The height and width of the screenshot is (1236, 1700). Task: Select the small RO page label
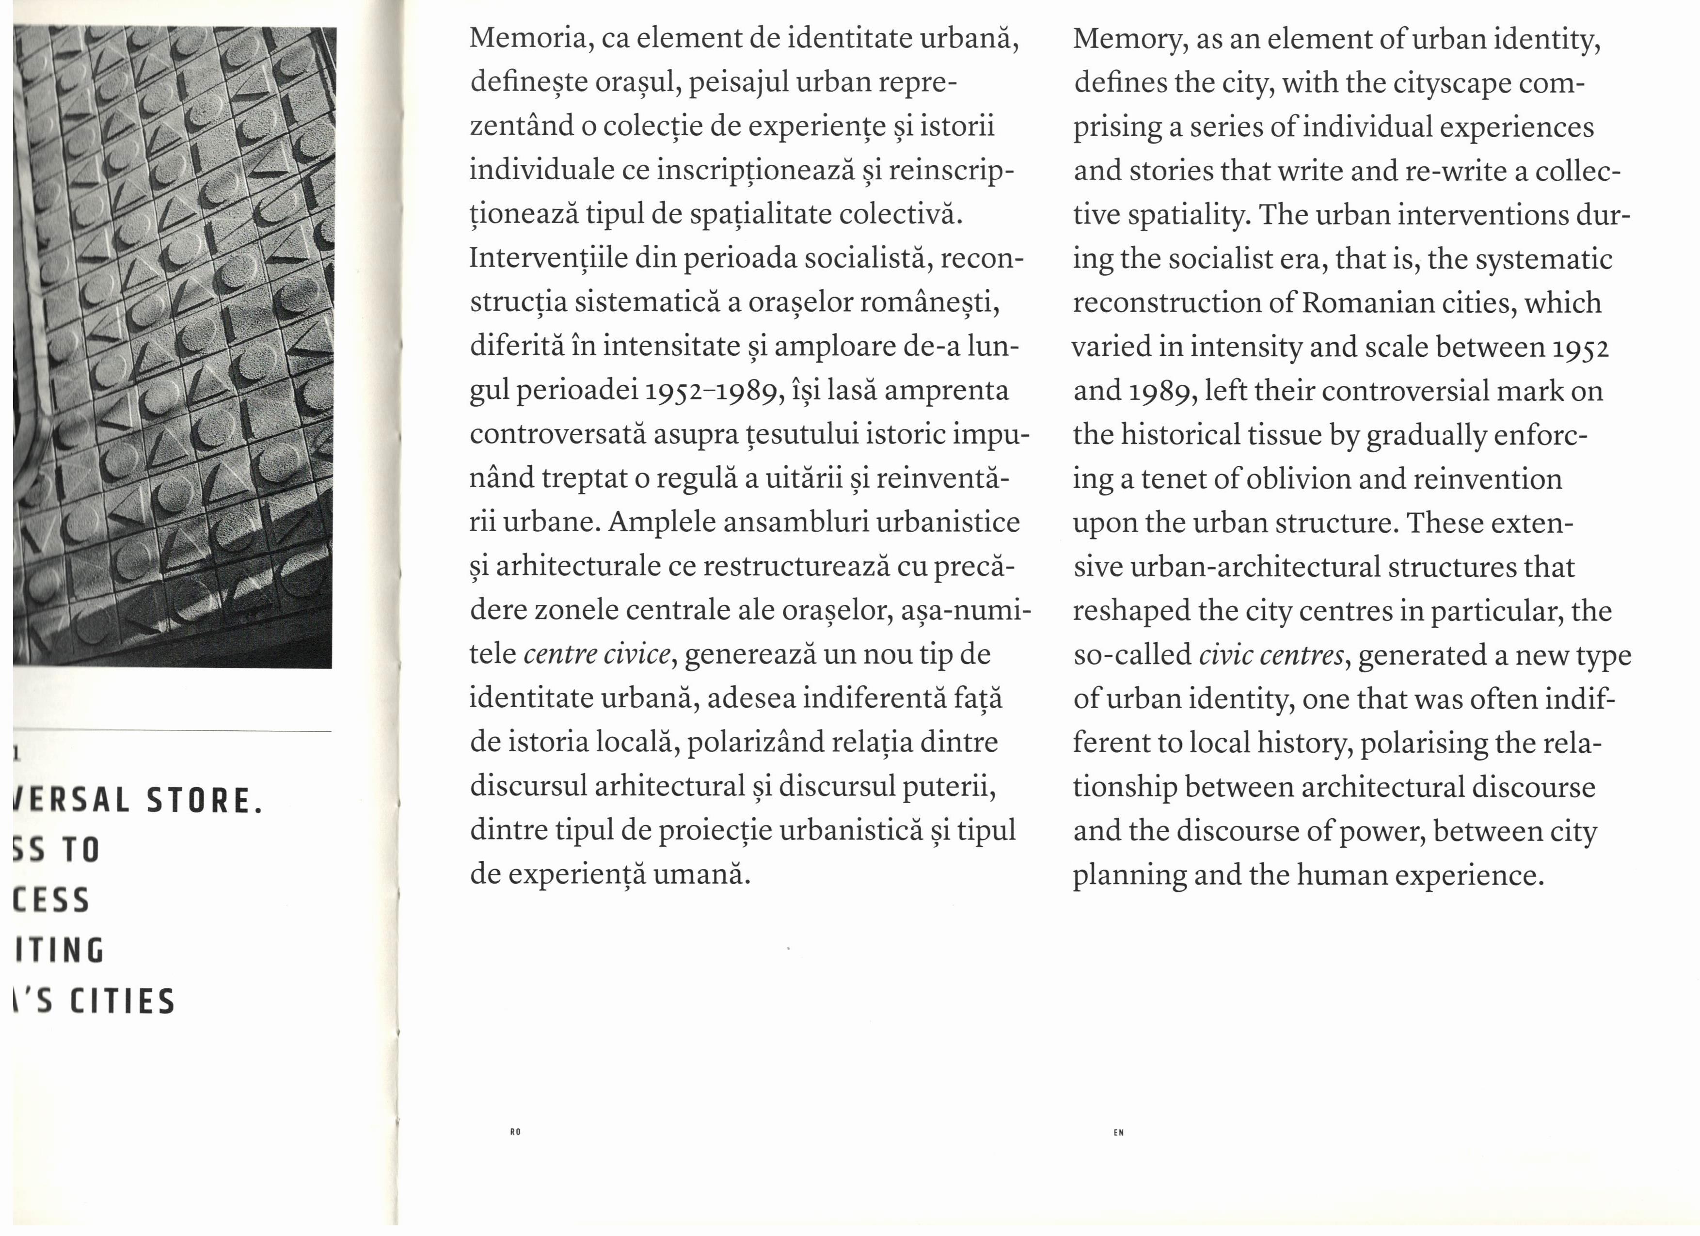(515, 1132)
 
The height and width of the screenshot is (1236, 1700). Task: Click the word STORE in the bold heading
(204, 801)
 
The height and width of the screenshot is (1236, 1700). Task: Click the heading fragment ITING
(60, 951)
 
